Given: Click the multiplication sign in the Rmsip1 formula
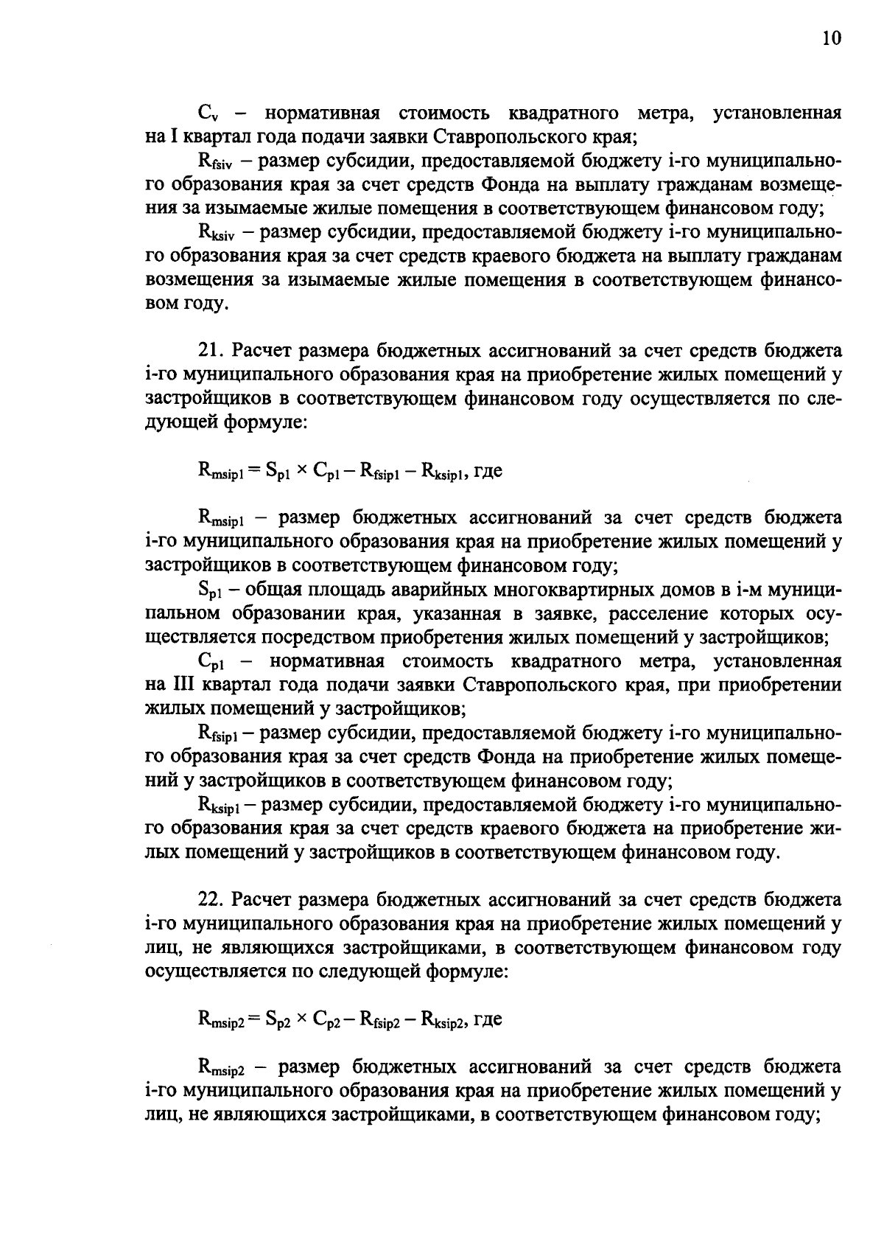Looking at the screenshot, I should click(x=302, y=471).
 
